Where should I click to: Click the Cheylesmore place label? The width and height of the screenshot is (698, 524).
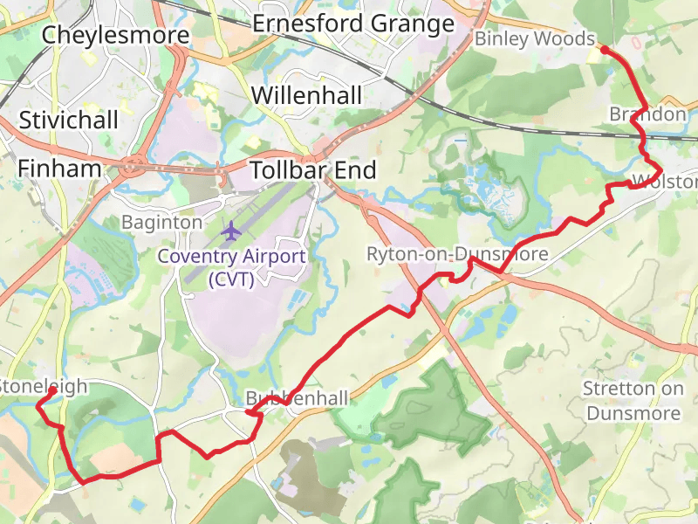click(115, 36)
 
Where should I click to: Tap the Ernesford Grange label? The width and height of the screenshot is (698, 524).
click(353, 24)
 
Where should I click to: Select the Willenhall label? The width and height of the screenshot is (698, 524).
click(306, 95)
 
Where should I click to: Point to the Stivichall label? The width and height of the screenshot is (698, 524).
click(68, 120)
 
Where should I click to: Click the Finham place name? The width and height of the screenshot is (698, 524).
click(59, 169)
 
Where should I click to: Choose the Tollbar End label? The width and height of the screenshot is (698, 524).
click(313, 170)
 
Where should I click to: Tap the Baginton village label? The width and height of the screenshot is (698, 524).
click(161, 223)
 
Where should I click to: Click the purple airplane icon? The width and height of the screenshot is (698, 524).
click(230, 231)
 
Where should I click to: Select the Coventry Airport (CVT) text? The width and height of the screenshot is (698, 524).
click(231, 268)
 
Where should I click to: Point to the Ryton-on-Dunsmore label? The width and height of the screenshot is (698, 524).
click(457, 254)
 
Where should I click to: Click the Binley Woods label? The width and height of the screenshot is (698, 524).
click(534, 39)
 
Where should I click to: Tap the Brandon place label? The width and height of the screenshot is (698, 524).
click(647, 114)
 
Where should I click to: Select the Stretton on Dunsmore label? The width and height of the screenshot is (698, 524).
click(633, 400)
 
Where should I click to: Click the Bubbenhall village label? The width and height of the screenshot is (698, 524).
click(297, 398)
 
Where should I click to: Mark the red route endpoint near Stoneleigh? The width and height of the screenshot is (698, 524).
click(52, 391)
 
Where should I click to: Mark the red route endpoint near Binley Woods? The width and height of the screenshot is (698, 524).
click(605, 51)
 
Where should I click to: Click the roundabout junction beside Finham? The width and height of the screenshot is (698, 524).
click(133, 164)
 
